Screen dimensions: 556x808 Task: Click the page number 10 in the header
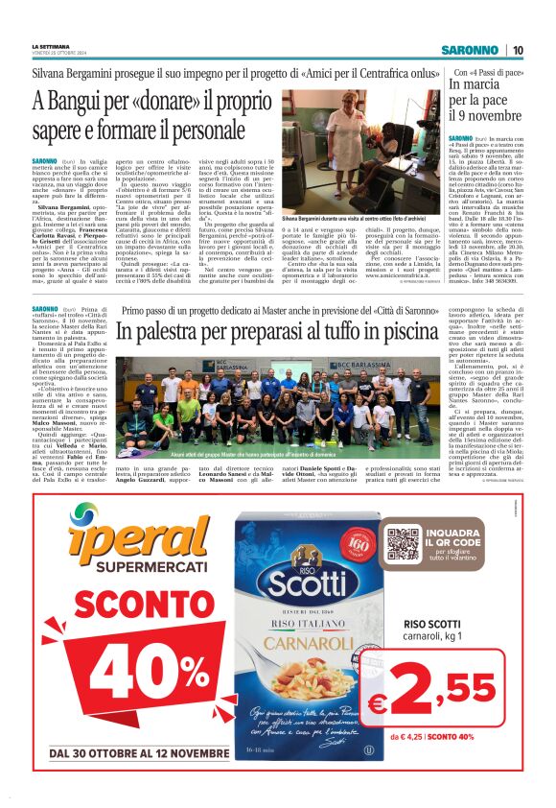[518, 50]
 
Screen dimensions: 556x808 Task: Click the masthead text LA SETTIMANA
[51, 45]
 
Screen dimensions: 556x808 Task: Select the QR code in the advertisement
[404, 544]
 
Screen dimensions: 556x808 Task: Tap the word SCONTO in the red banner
[140, 604]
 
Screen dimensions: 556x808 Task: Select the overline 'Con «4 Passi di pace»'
[488, 73]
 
